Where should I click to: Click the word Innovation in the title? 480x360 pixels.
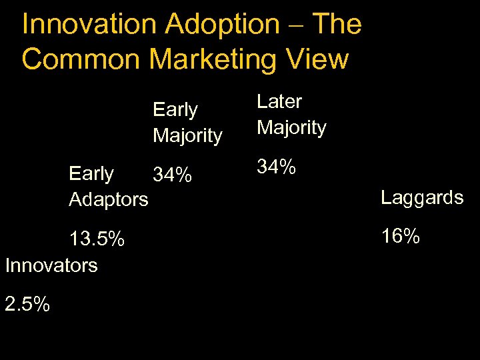tap(89, 25)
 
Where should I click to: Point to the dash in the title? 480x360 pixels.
tap(296, 25)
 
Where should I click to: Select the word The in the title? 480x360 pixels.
tap(337, 25)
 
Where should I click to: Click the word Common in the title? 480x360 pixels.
tap(81, 59)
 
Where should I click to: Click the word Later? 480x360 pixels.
tap(279, 101)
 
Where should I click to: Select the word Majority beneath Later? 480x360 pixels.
tap(291, 127)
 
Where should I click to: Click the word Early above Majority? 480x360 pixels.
tap(175, 109)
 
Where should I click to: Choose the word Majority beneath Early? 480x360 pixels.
tap(187, 135)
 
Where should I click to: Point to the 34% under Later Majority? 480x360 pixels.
tap(277, 167)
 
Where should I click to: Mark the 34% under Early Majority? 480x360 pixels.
tap(173, 175)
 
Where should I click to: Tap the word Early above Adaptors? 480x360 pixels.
tap(91, 174)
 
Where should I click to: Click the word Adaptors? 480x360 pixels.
tap(109, 199)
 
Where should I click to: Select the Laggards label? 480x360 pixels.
tap(422, 197)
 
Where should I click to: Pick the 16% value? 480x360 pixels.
tap(400, 235)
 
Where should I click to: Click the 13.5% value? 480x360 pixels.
tap(97, 239)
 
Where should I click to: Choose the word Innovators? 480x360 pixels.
tap(51, 265)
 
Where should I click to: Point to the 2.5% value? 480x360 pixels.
tap(27, 304)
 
